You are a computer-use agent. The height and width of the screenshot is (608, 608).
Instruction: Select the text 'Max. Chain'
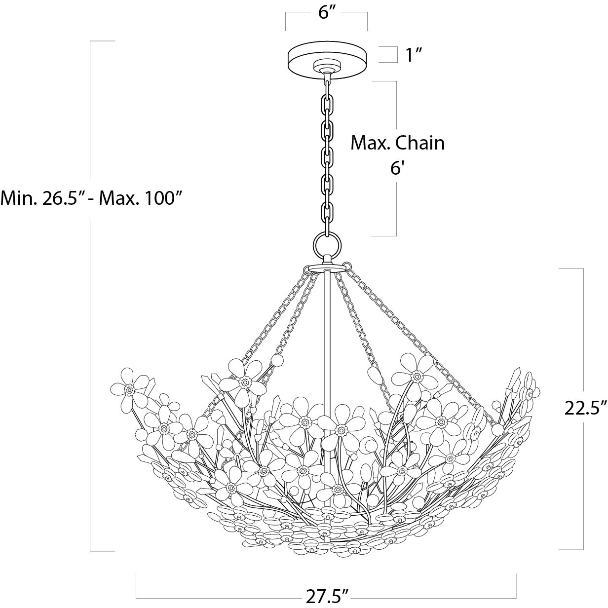[x=397, y=143]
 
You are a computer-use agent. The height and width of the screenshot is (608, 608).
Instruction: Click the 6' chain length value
[x=397, y=168]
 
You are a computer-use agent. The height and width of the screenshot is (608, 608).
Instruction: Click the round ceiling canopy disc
[x=326, y=59]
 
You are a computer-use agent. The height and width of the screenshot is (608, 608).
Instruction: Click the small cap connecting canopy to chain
[x=326, y=68]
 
